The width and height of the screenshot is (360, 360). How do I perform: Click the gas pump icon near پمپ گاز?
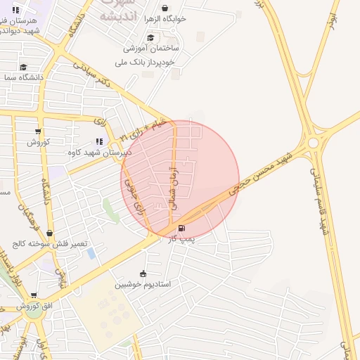[182, 228]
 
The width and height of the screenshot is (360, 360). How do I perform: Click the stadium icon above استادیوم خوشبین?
[143, 274]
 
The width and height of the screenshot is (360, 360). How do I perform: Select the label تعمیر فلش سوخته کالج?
[49, 244]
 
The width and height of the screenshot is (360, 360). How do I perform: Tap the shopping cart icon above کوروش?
[38, 131]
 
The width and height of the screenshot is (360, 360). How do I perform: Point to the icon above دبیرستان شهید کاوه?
[99, 141]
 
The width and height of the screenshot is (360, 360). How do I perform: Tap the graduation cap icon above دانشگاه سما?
[23, 67]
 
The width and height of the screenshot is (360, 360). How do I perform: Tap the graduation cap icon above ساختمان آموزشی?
[150, 37]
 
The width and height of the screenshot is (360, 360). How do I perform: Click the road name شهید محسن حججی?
[270, 168]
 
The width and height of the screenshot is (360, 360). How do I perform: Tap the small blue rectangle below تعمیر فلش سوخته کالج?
[91, 254]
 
